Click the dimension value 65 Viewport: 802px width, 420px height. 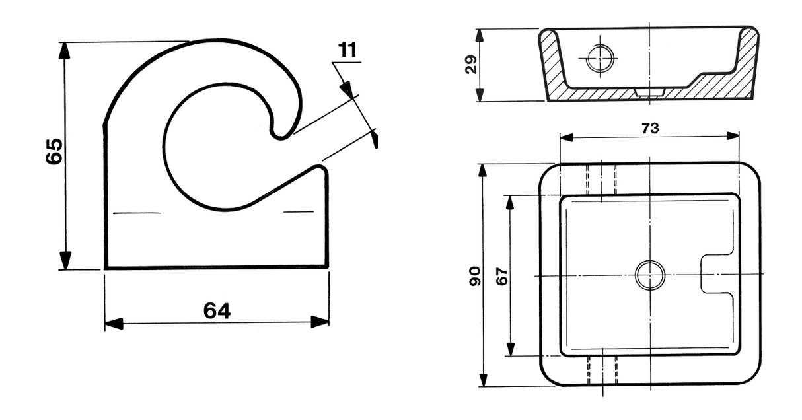coord(54,151)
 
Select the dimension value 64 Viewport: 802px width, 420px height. coord(217,310)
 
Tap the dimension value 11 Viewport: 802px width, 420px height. coord(347,50)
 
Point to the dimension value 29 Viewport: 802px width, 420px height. coord(471,65)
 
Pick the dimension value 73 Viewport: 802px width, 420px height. coord(650,128)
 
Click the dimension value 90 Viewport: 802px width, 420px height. coord(475,276)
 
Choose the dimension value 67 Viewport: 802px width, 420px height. coord(502,276)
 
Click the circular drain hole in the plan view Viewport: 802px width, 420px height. coord(650,275)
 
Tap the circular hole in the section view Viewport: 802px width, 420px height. coord(600,58)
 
